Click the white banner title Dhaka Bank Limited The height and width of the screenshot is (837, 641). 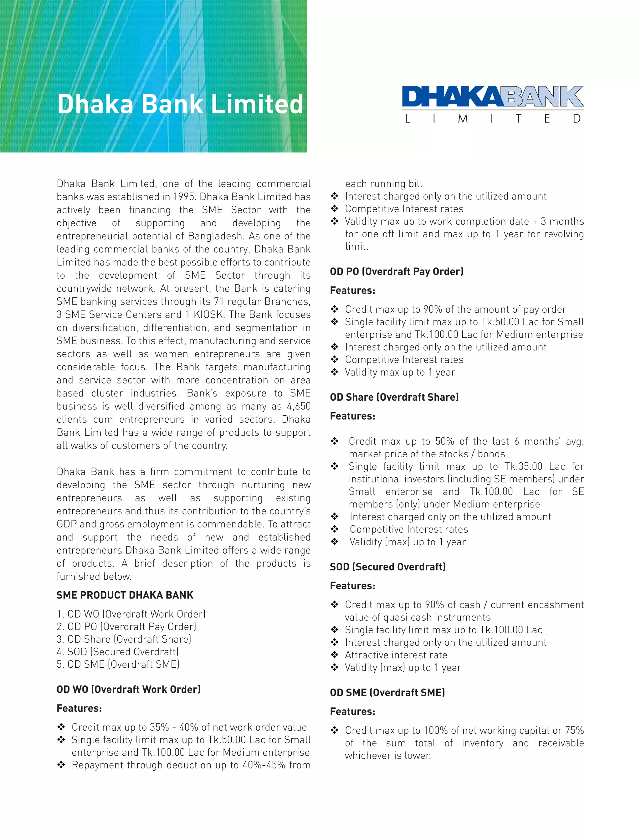180,104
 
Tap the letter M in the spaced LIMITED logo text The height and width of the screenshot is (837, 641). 463,119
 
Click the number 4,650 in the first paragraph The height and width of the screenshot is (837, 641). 298,406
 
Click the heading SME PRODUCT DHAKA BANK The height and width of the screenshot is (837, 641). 125,595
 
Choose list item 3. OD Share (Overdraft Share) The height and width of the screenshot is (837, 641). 124,639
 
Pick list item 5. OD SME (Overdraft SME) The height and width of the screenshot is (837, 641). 118,664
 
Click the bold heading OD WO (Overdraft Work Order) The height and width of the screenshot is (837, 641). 129,689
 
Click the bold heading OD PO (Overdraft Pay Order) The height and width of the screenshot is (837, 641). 397,271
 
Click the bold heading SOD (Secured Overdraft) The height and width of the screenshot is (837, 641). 388,567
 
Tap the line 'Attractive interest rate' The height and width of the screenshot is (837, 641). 396,655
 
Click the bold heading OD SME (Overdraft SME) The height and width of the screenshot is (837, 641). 387,692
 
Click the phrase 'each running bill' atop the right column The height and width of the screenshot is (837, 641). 383,184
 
